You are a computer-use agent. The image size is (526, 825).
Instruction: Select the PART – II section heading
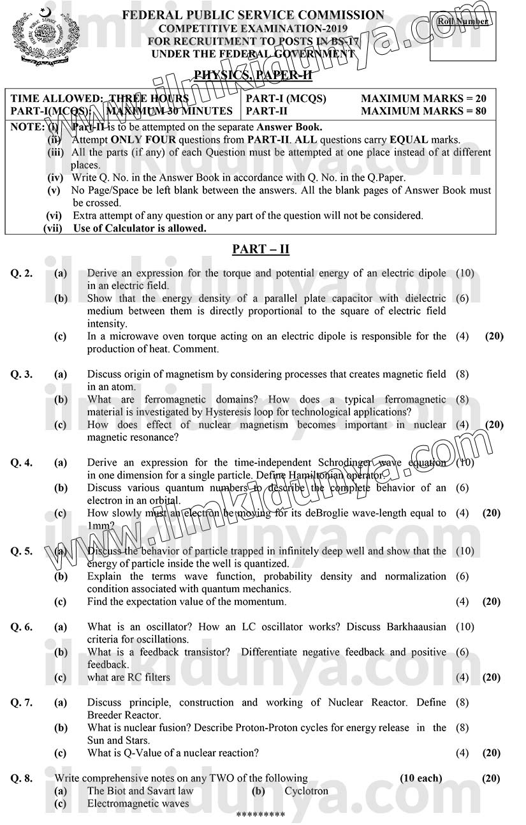click(261, 249)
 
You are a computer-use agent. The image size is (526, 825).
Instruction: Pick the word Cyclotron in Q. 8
click(306, 791)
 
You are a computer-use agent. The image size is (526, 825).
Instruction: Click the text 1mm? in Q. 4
click(101, 526)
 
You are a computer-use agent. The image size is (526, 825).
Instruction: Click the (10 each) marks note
click(421, 778)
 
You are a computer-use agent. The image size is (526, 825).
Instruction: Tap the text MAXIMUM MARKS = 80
click(423, 111)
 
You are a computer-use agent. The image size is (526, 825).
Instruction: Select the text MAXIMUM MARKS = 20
click(423, 98)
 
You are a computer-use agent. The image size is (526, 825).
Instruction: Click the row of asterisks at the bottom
click(260, 815)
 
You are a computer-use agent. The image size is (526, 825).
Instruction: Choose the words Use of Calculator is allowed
click(140, 228)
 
